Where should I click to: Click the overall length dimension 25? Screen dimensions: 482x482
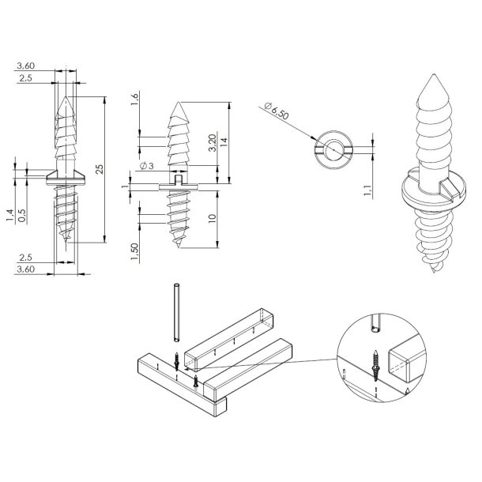100,169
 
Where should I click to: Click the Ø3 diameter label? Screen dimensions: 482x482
145,166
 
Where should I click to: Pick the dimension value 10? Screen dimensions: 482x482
214,219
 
